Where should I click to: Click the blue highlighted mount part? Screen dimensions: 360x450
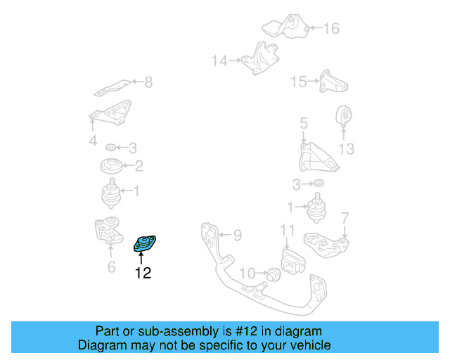tap(145, 244)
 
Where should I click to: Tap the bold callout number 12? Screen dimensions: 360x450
tap(143, 273)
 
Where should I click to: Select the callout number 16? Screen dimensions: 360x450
tap(331, 29)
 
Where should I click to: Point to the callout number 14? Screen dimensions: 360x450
tap(220, 61)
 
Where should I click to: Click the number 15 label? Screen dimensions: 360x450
tap(299, 82)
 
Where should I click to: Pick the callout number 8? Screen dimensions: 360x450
tap(148, 83)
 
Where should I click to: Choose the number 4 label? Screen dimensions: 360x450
tap(93, 142)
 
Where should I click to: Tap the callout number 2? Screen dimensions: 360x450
tap(139, 167)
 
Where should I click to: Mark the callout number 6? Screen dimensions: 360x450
tap(111, 267)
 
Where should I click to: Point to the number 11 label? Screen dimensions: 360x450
tap(288, 230)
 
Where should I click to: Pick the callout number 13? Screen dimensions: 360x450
tap(346, 149)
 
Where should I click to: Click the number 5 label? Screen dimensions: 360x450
tap(303, 124)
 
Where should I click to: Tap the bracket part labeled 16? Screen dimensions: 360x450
tap(284, 27)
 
